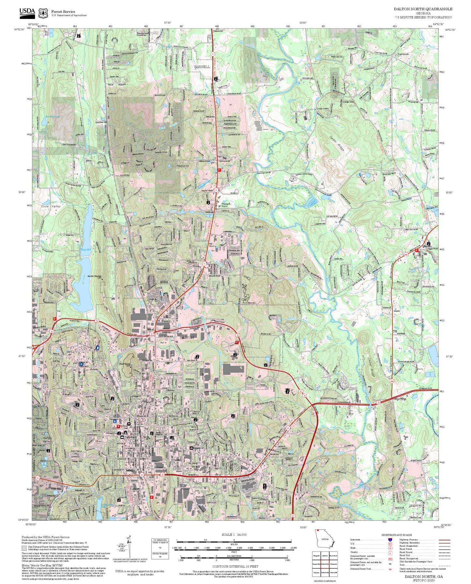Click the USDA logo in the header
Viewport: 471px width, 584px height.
(x=27, y=12)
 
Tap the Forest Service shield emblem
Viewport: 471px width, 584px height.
(x=43, y=13)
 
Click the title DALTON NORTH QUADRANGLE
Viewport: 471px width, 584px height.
(x=423, y=9)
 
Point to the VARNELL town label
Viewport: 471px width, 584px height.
(x=202, y=67)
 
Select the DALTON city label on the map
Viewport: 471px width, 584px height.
(x=187, y=338)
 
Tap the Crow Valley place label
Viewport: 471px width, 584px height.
(x=51, y=206)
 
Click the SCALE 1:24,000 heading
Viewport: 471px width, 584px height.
(x=234, y=535)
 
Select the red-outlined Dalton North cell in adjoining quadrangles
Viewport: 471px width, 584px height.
(x=325, y=564)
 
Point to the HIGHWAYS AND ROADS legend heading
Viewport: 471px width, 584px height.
(x=396, y=535)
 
